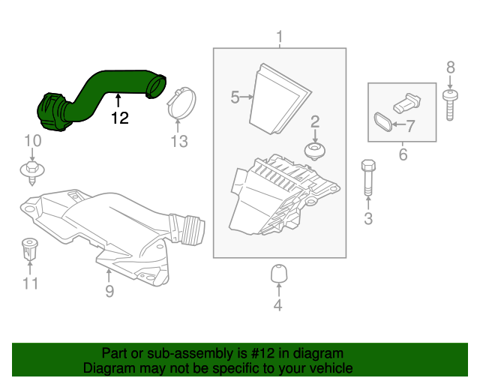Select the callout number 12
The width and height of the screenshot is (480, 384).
(119, 118)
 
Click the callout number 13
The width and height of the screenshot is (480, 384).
(178, 142)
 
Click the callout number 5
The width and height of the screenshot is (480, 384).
(235, 97)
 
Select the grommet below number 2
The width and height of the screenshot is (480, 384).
(315, 152)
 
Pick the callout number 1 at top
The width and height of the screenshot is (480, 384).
(280, 36)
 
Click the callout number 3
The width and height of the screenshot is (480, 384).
(367, 219)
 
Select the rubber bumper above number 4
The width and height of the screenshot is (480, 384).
(278, 274)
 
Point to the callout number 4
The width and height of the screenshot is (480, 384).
(277, 304)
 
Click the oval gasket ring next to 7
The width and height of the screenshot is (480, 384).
(382, 123)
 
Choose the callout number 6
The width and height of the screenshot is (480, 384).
(402, 155)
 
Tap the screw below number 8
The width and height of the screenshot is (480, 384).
(450, 105)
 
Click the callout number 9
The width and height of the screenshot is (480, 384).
(109, 292)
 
